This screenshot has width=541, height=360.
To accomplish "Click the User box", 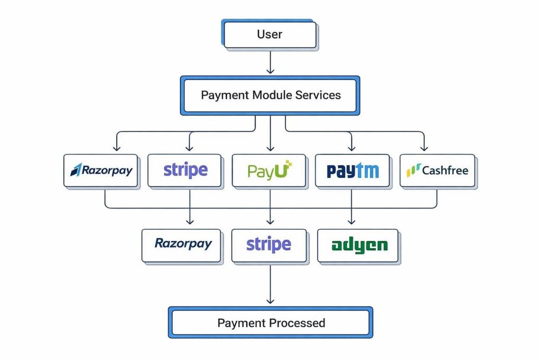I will click(270, 35).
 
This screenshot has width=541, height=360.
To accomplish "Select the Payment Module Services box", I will click(270, 96).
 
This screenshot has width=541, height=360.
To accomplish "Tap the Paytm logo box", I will click(352, 170).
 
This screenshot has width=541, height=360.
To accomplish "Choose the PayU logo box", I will click(269, 170).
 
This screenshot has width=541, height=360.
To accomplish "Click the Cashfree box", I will click(437, 170).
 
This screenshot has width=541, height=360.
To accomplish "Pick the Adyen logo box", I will click(358, 245).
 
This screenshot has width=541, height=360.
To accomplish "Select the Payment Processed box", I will click(270, 323).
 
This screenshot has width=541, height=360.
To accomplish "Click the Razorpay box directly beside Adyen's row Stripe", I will click(181, 245).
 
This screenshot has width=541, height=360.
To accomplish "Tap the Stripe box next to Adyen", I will click(269, 245).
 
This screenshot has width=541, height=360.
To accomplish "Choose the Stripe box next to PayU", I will click(184, 170).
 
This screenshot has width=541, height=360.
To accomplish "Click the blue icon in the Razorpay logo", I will click(76, 170).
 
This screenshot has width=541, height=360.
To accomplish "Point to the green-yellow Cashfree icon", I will click(413, 170).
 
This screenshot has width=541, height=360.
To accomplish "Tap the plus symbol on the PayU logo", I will click(287, 165).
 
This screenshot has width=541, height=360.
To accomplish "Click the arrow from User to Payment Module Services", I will click(270, 62).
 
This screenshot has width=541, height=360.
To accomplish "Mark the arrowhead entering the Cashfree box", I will click(423, 148).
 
